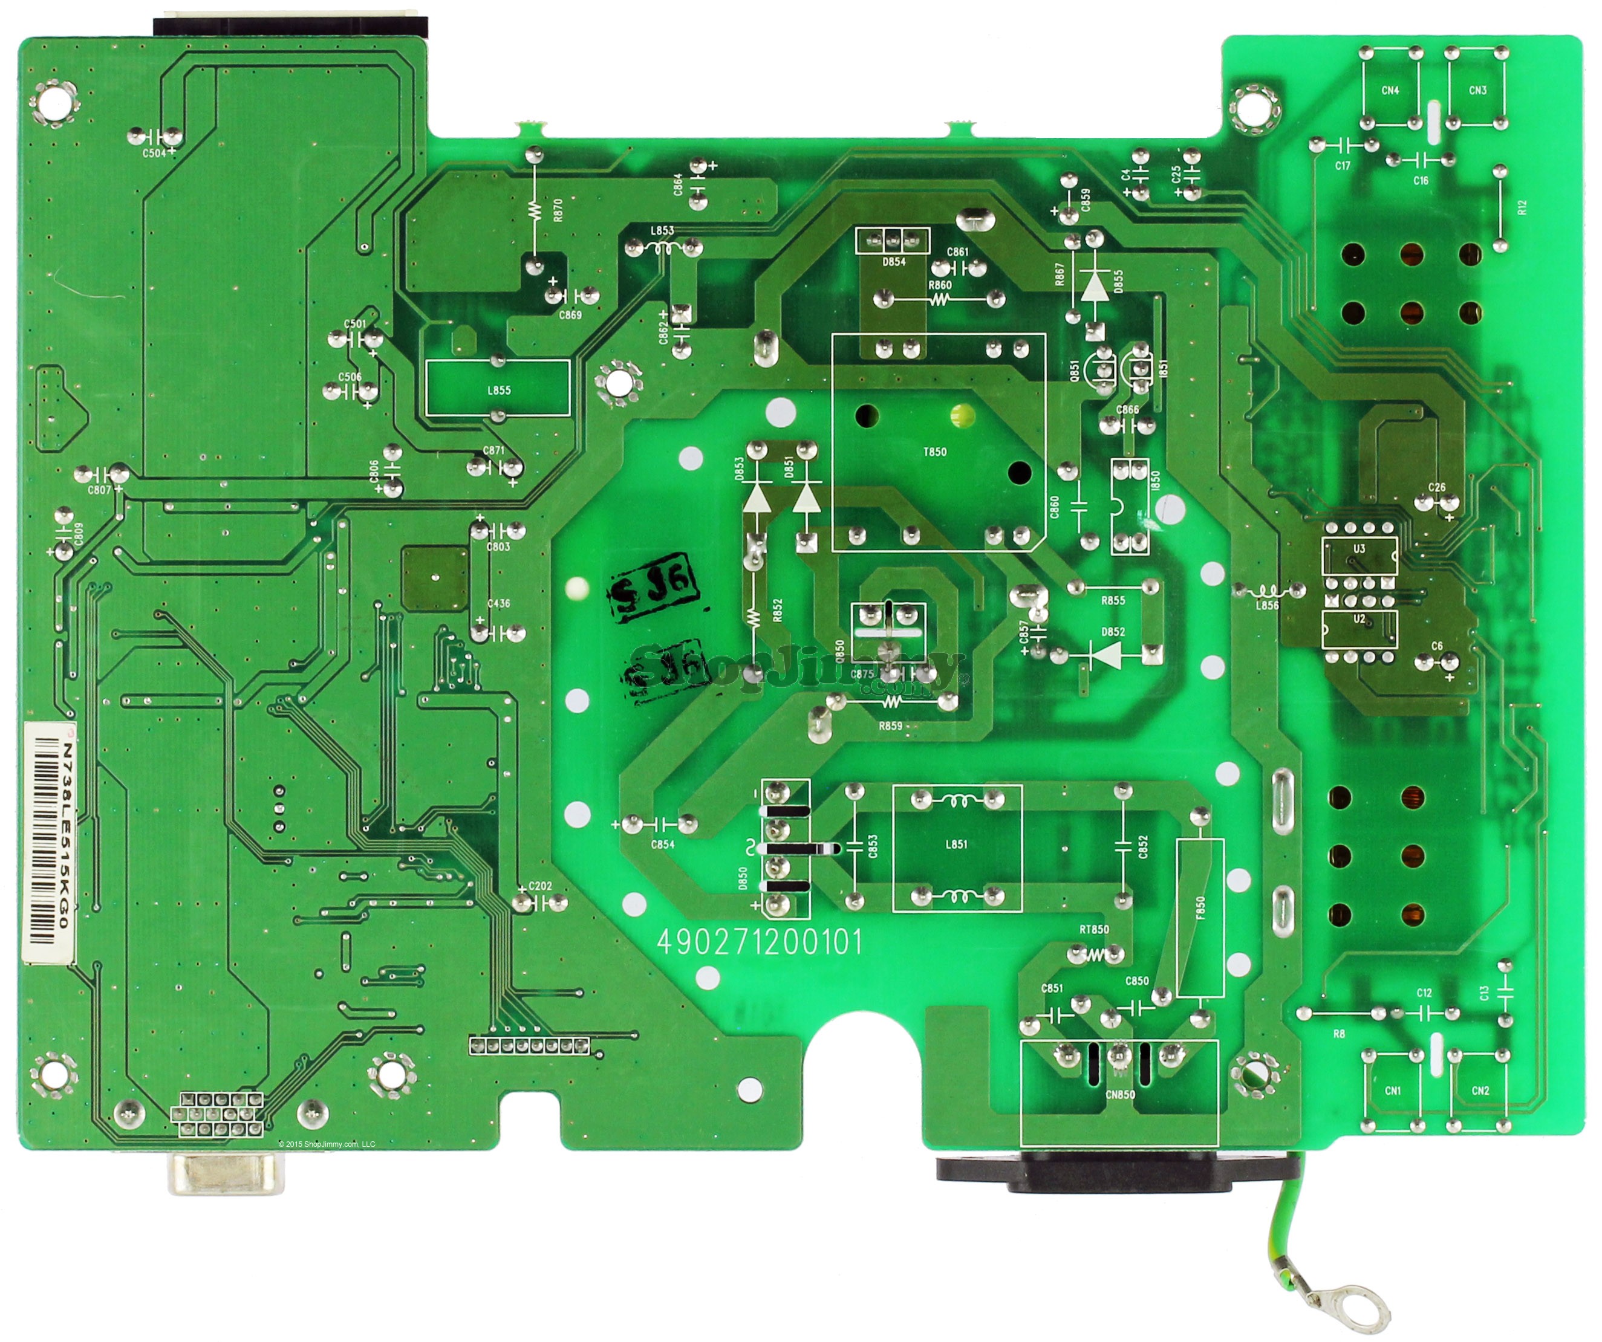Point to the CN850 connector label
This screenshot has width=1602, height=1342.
(x=1119, y=1094)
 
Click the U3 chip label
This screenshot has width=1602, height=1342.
(x=1359, y=548)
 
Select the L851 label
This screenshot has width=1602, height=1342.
(x=956, y=844)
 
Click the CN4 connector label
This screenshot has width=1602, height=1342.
(x=1390, y=90)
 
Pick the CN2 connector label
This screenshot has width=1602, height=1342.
(x=1480, y=1091)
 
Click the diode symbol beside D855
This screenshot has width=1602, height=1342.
(x=1095, y=286)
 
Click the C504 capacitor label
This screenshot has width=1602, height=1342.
(x=154, y=152)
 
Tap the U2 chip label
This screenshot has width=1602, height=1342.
(x=1359, y=619)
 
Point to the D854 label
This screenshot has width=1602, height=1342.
(x=893, y=262)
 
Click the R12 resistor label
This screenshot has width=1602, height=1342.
(x=1523, y=207)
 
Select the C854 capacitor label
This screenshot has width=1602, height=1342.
(x=662, y=844)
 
